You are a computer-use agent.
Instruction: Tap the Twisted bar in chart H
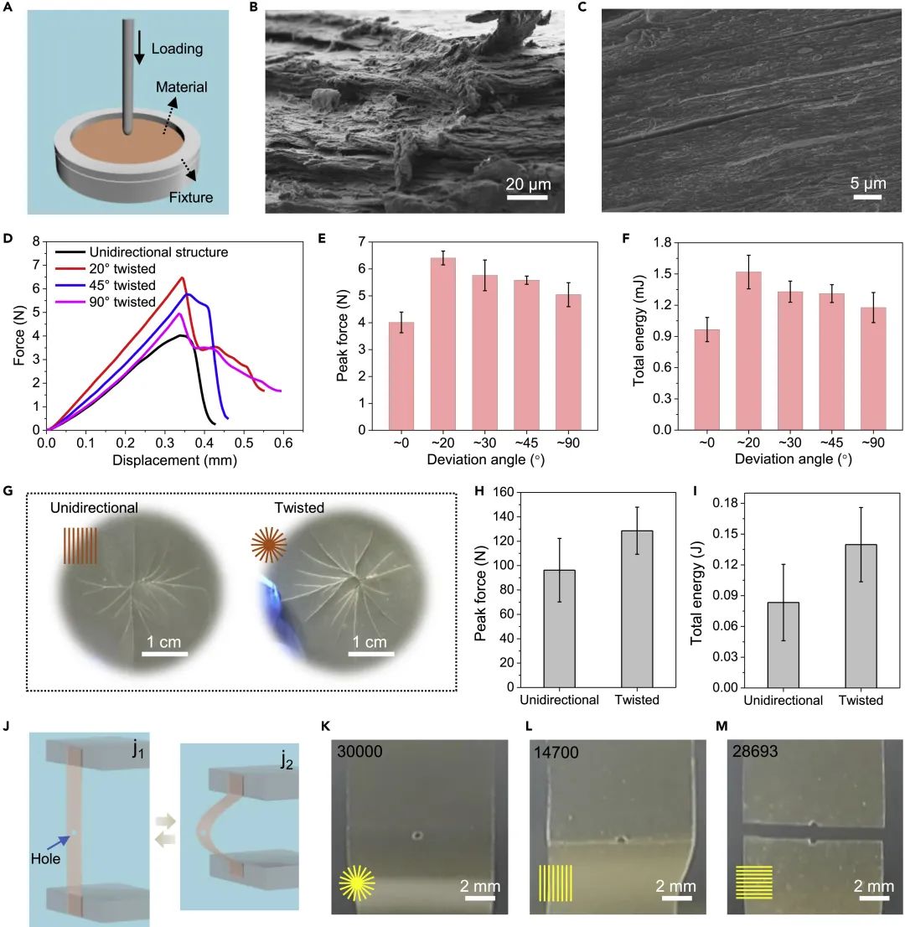click(637, 609)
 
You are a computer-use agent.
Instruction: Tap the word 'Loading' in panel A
click(176, 49)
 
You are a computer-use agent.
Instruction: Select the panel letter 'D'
click(8, 240)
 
